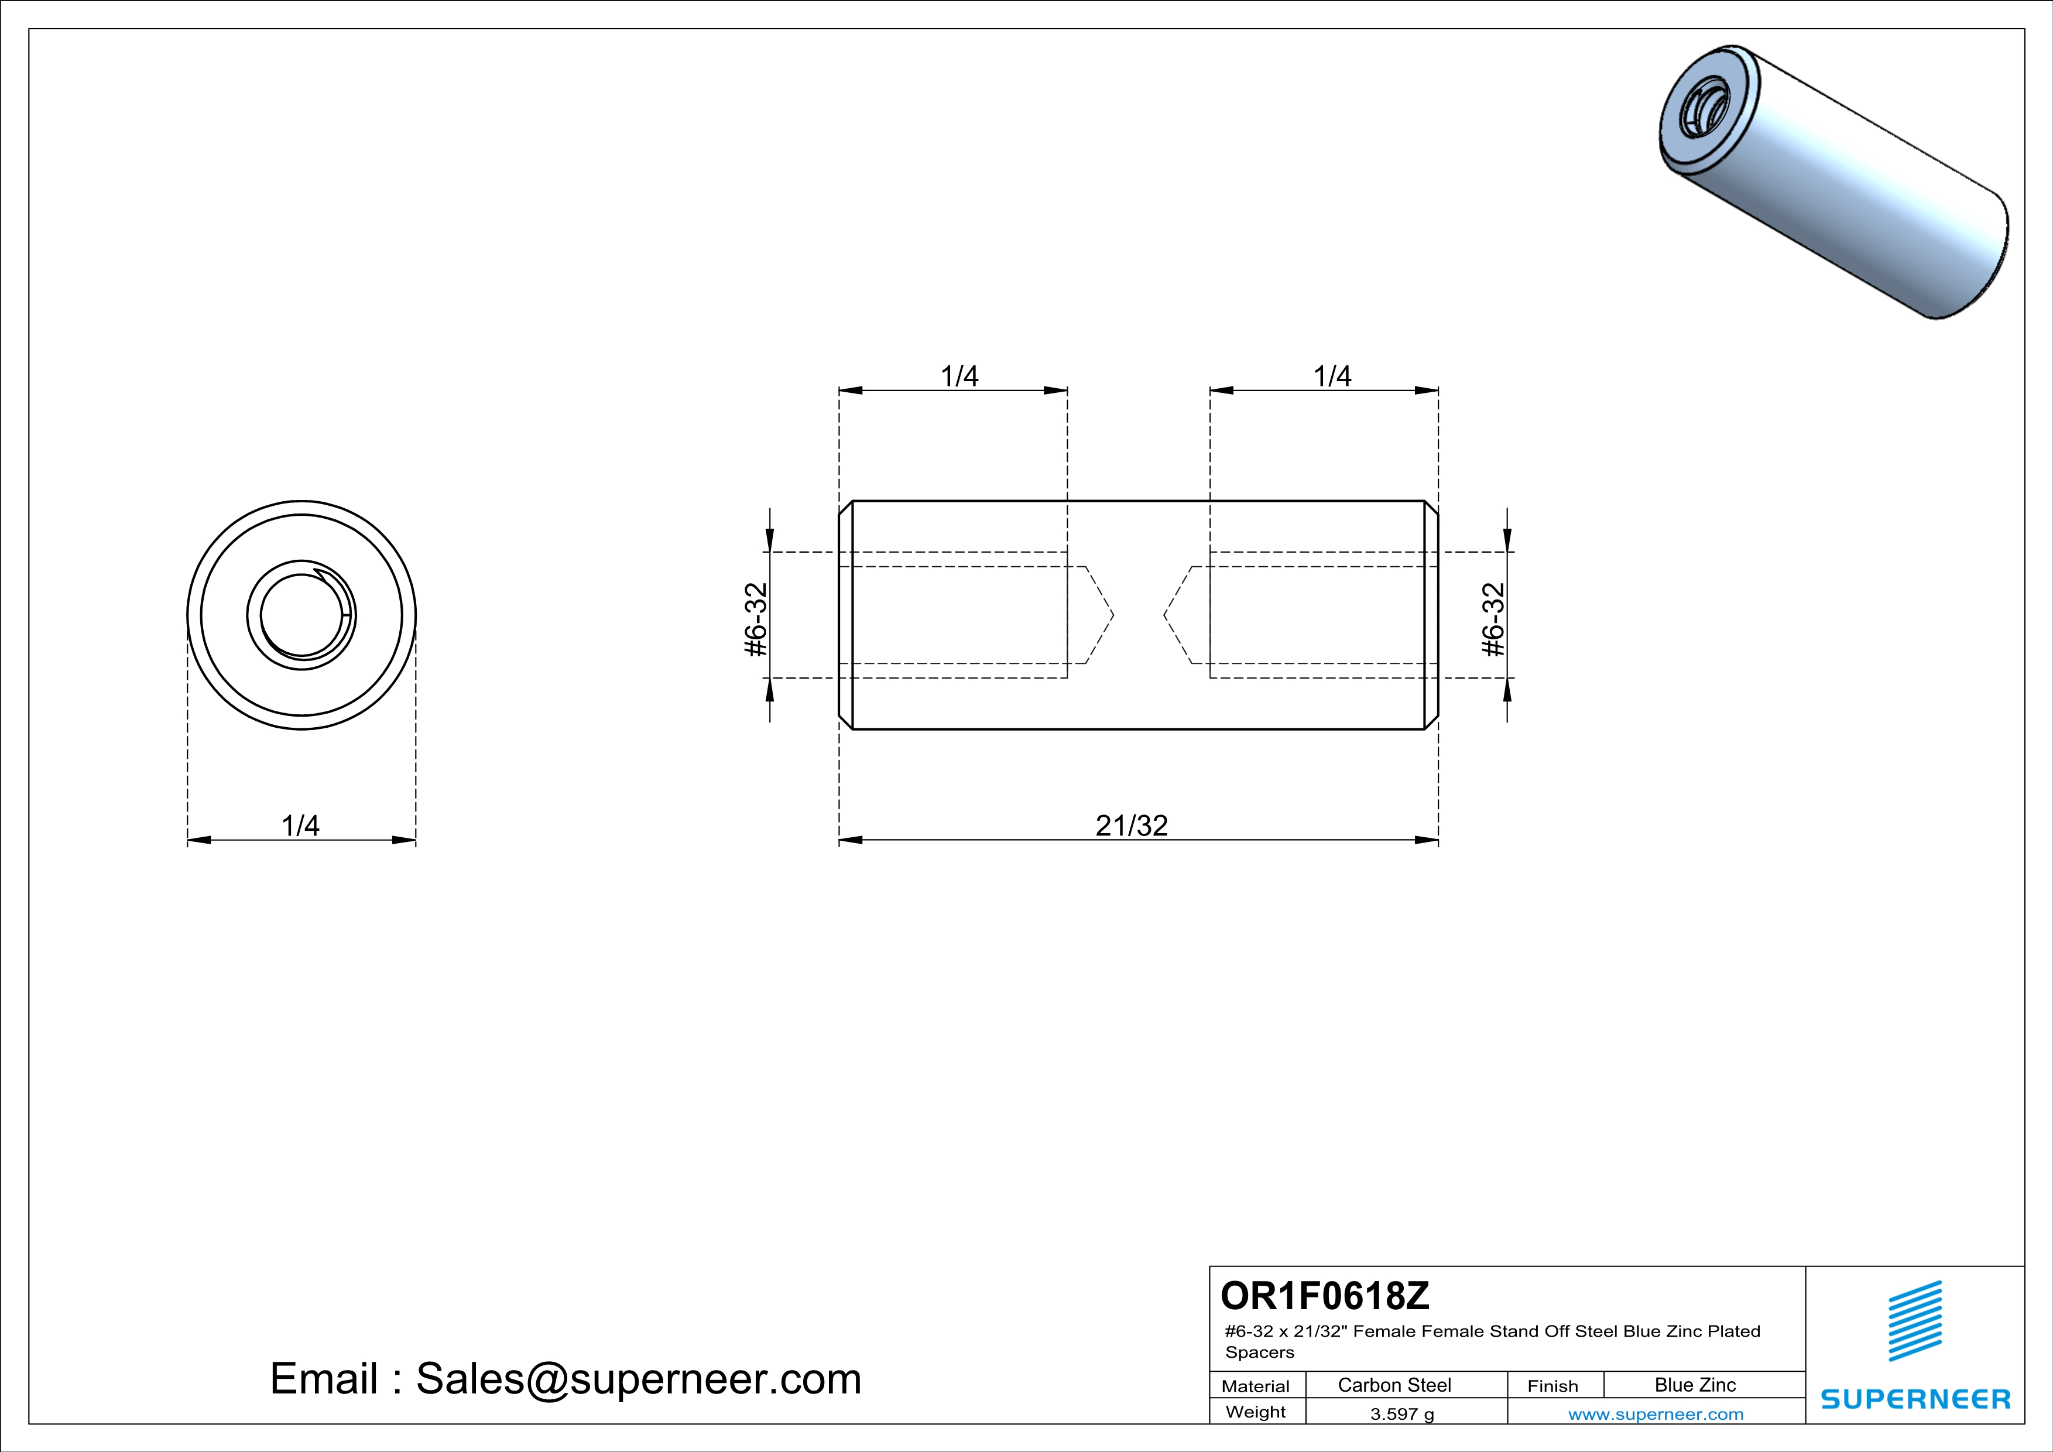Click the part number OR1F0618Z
(1324, 1296)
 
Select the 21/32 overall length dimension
(1131, 826)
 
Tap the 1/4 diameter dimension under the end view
(300, 826)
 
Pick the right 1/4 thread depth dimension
(1331, 376)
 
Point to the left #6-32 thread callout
(756, 619)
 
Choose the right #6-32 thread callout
(1493, 619)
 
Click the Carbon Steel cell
(1394, 1385)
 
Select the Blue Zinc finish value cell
(1694, 1385)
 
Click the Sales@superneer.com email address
(638, 1379)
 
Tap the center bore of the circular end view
(301, 615)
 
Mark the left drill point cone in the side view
(1099, 615)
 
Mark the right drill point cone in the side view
(1178, 615)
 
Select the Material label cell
(1256, 1386)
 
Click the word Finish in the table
(1552, 1386)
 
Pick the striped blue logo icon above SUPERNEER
(1914, 1321)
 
